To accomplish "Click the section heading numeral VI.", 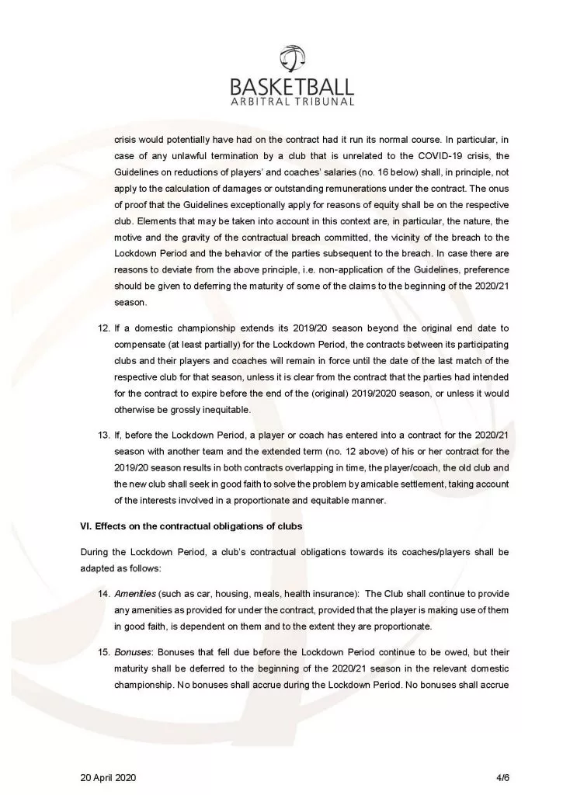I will pyautogui.click(x=85, y=526).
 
